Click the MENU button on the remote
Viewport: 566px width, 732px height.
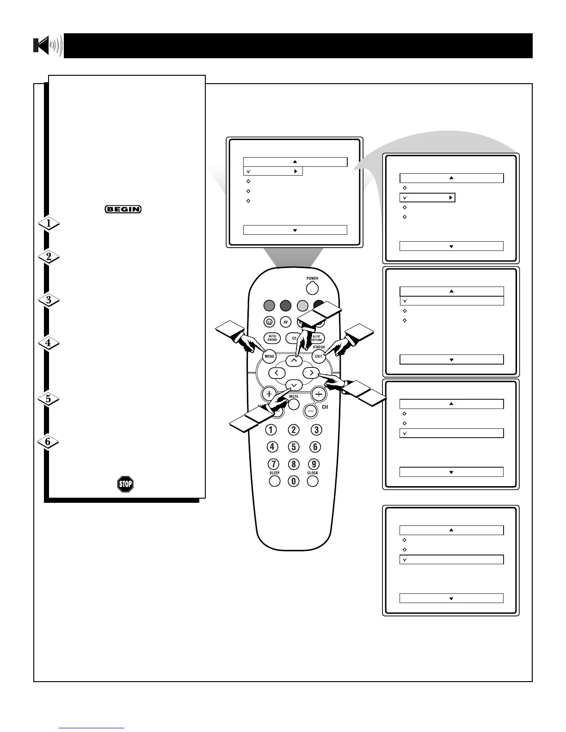click(270, 356)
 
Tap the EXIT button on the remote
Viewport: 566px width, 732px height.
click(319, 356)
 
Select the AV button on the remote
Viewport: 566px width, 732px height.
click(286, 322)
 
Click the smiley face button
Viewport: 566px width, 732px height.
click(270, 322)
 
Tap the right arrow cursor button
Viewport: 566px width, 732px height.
click(311, 372)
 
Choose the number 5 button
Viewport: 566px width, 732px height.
click(294, 447)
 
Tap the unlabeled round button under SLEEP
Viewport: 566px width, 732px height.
click(275, 481)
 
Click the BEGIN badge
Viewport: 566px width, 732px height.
click(123, 209)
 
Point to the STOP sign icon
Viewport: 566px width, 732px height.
click(125, 484)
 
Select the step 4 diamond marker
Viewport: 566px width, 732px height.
click(49, 343)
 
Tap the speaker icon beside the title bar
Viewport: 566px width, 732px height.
click(48, 46)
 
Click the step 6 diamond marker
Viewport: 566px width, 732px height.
click(49, 442)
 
